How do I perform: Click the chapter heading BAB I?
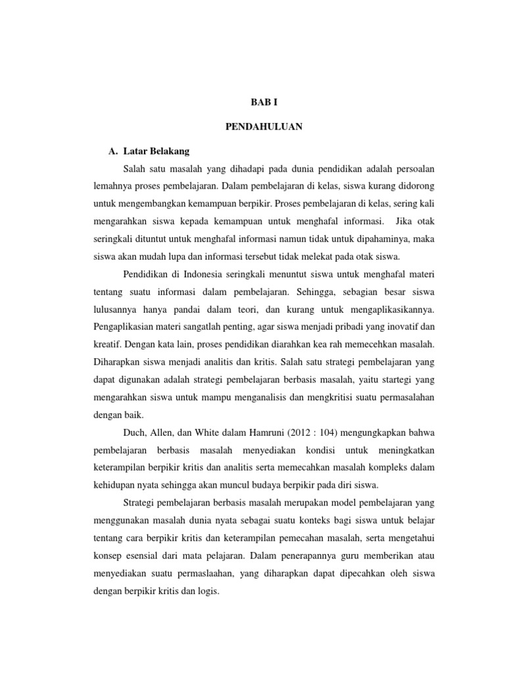point(265,103)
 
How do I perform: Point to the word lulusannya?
point(116,308)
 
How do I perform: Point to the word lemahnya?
point(113,186)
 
